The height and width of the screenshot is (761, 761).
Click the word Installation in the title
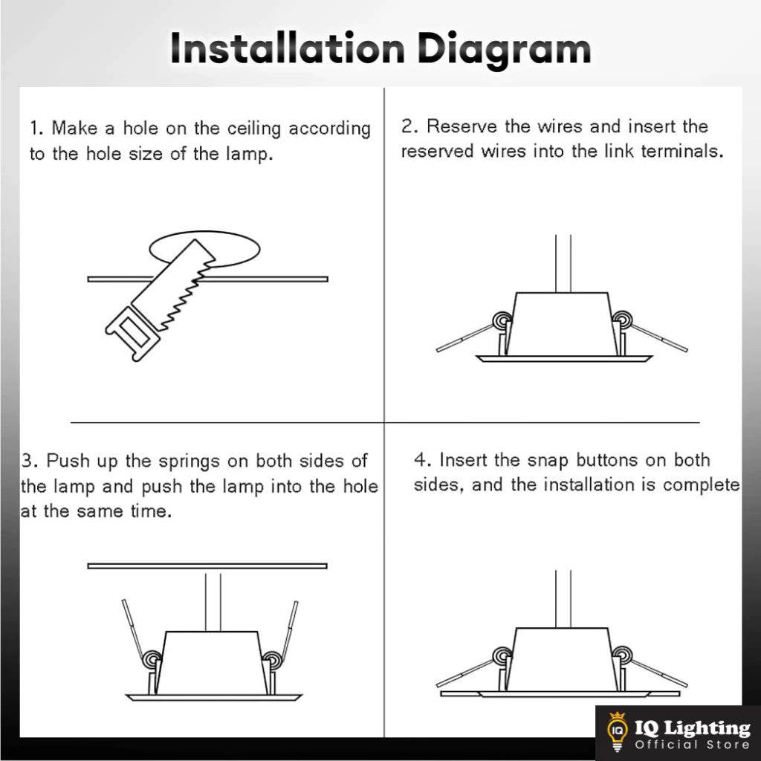point(288,48)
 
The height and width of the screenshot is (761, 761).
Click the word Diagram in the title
point(504,50)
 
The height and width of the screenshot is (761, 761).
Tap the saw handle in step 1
point(133,334)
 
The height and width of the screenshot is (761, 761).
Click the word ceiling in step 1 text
point(254,129)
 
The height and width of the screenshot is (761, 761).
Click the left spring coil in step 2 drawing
point(502,321)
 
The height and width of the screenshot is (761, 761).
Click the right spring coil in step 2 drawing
point(622,320)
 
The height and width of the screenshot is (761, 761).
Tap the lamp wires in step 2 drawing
point(563,264)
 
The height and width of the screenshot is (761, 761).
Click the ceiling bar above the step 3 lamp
point(207,566)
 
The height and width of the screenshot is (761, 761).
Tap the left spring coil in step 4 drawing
point(502,657)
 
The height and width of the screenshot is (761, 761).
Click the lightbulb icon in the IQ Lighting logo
point(617,732)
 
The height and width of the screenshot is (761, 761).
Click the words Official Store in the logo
point(692,745)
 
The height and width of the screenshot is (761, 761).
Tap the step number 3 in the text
point(26,461)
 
